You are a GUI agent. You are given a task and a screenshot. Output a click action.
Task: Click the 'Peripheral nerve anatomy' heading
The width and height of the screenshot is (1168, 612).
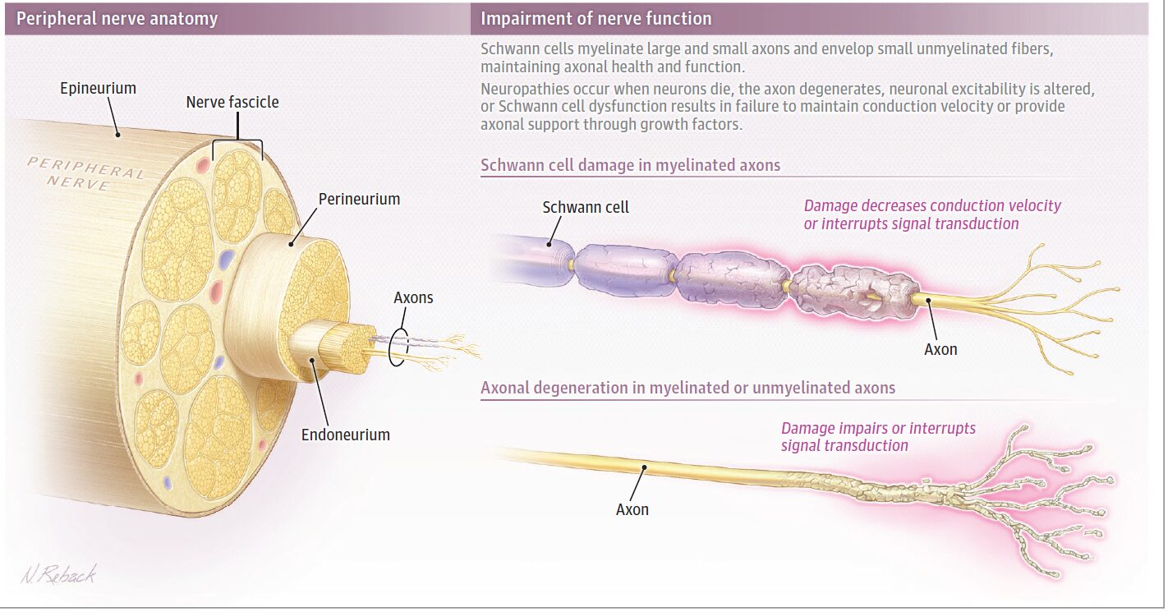(117, 19)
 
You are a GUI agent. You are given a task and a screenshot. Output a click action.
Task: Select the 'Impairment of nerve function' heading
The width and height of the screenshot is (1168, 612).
(595, 19)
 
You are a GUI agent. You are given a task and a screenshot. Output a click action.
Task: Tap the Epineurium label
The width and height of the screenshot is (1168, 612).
(98, 88)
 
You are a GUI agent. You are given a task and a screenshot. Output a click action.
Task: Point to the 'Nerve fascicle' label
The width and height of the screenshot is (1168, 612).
(232, 103)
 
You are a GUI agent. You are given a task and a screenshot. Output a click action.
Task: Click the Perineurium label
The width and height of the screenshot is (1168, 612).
(359, 199)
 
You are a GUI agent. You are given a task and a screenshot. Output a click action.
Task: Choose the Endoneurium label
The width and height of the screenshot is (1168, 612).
(345, 434)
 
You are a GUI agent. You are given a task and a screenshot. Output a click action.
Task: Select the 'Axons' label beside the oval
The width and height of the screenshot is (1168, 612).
(412, 297)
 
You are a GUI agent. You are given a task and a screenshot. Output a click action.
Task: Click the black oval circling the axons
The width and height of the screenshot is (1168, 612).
(397, 347)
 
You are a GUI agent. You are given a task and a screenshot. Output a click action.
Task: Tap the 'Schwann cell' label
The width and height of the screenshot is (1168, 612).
(586, 207)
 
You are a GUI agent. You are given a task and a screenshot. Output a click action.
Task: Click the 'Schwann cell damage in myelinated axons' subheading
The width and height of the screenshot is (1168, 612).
(630, 165)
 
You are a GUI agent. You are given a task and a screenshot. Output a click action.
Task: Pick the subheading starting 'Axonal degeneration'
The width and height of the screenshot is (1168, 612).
(687, 387)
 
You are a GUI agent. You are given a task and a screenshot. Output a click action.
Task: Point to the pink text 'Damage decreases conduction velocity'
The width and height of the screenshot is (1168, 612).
(932, 206)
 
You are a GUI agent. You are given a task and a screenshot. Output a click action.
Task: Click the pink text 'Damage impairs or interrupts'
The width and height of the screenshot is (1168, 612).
(878, 429)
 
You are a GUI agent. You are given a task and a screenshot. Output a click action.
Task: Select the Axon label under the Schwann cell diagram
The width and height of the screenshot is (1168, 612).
(940, 349)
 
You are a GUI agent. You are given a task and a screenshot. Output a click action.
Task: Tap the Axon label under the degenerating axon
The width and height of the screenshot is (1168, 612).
(632, 509)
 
